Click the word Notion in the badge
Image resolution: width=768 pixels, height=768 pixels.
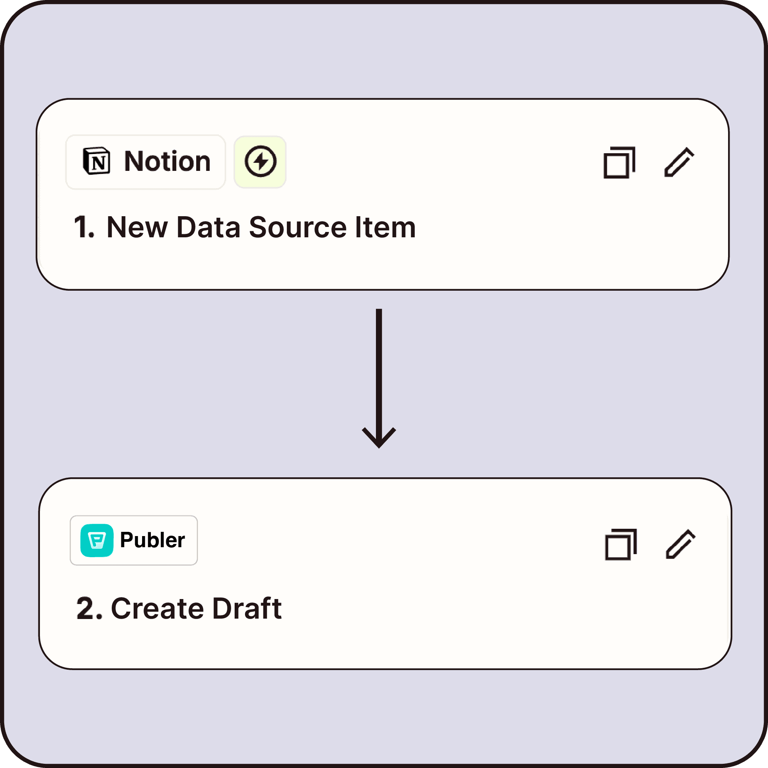[x=167, y=161]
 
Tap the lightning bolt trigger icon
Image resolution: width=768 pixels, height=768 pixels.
[x=260, y=161]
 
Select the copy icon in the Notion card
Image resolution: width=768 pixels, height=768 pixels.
[x=619, y=162]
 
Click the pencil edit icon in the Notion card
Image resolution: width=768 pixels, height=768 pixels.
[x=679, y=162]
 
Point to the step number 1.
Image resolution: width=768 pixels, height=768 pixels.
[x=83, y=227]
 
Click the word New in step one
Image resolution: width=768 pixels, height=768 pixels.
[x=137, y=227]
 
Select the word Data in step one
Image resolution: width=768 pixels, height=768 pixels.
[x=208, y=227]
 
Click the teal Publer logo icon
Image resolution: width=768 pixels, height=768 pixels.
[x=97, y=540]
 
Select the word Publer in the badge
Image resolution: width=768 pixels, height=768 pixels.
[x=152, y=540]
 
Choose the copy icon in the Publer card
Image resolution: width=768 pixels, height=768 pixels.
[x=621, y=545]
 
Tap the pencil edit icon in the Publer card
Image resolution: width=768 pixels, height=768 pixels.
[x=680, y=544]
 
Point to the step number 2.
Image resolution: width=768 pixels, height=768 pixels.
[x=88, y=608]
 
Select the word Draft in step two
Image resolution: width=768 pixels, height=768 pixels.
[x=247, y=609]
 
